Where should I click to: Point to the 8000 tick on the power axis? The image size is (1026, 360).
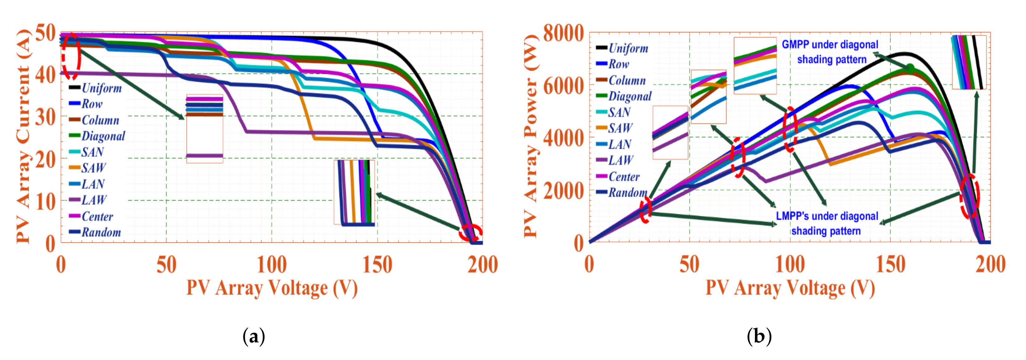(563, 33)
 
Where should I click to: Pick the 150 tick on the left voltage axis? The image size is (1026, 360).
(377, 264)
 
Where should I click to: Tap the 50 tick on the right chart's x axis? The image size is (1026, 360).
(689, 264)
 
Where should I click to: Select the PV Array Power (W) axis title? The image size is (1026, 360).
(531, 135)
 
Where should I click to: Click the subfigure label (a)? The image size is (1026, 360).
(253, 336)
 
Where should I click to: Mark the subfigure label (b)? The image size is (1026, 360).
(759, 336)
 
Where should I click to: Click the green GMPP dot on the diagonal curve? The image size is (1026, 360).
(911, 67)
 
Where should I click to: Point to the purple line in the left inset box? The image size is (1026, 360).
(204, 156)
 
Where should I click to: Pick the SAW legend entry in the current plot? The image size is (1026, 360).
(93, 168)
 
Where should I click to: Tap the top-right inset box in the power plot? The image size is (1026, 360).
(969, 62)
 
